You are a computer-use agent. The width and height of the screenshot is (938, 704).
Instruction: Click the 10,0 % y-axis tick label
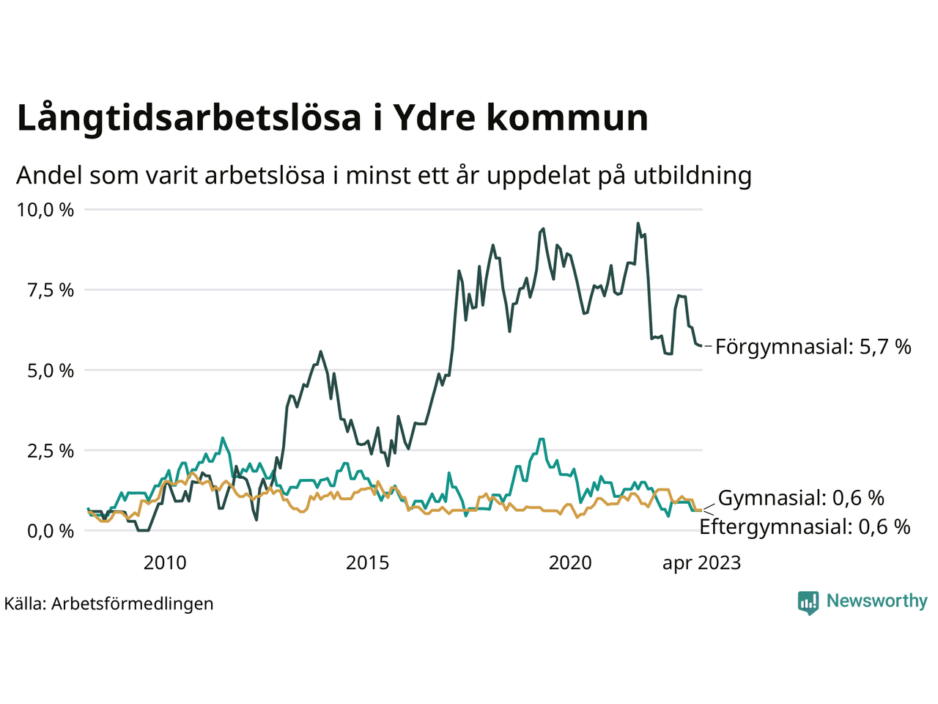(45, 210)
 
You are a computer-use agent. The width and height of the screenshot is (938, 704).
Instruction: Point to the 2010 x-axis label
(165, 563)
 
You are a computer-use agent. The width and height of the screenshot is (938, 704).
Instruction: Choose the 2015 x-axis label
(368, 563)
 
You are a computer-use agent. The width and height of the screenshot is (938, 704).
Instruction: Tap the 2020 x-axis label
(570, 563)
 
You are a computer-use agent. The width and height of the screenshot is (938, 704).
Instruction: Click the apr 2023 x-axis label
(701, 563)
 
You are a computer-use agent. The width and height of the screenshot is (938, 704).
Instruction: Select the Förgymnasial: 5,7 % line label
(813, 347)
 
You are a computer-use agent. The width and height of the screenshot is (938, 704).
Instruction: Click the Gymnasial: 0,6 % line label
(801, 499)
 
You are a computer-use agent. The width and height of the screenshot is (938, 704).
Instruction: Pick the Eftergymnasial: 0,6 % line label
(805, 527)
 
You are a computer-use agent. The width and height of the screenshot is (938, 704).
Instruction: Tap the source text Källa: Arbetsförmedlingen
(109, 604)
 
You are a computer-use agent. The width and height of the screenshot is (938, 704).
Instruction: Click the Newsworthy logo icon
(808, 602)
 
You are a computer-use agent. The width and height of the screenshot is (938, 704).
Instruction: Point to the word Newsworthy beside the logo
(876, 601)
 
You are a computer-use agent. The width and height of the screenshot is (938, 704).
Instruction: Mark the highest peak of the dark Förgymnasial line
(638, 224)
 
